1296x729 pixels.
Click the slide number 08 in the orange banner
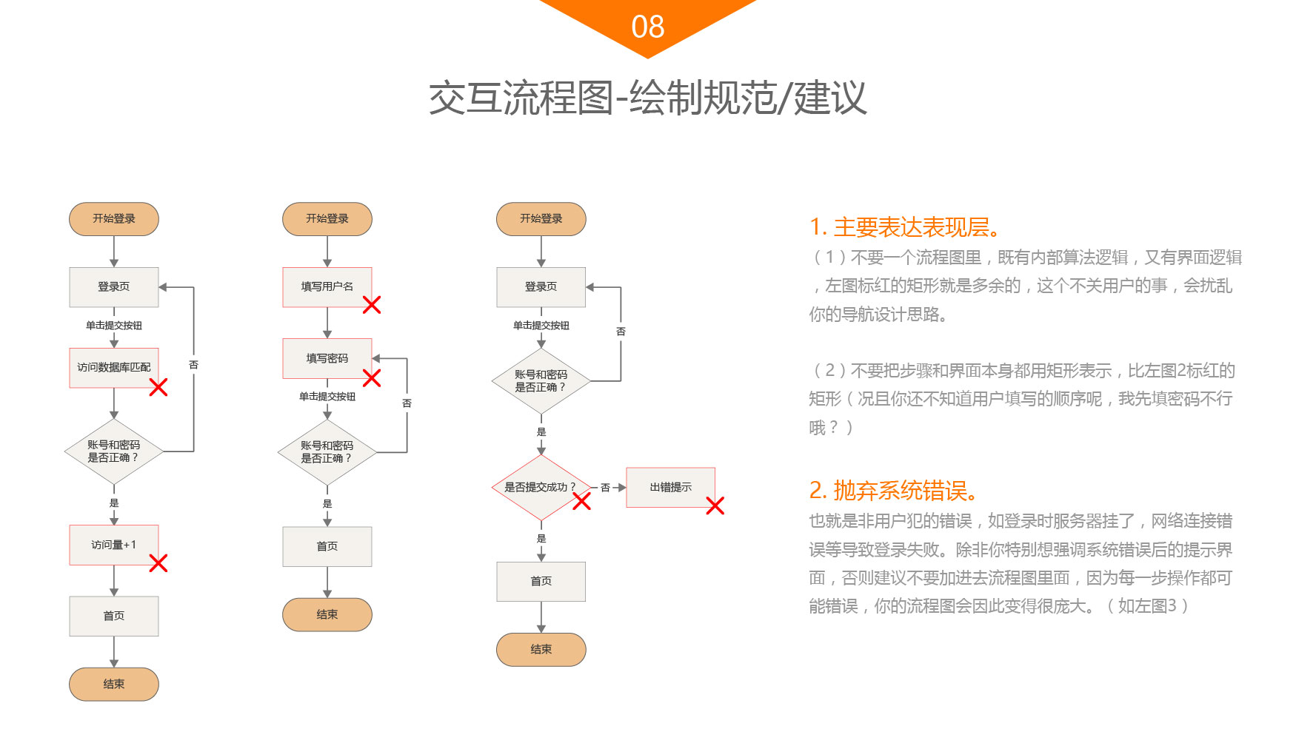(647, 27)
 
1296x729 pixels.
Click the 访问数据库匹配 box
(114, 367)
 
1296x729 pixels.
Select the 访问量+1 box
(114, 545)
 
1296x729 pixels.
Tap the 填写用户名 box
(327, 286)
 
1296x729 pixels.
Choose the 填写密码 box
(327, 358)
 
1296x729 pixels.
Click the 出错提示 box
(670, 487)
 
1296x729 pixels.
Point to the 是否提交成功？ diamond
(540, 487)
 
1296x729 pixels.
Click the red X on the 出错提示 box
(715, 505)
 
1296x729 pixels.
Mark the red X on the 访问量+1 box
(158, 563)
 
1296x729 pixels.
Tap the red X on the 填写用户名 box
(372, 305)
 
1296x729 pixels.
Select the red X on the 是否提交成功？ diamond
(582, 502)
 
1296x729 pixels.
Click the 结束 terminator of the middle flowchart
(327, 614)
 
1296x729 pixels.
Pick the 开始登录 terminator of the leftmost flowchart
(114, 218)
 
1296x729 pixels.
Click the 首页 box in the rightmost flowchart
(541, 581)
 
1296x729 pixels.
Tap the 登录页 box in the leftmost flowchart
(114, 286)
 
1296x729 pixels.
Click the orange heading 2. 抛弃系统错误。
(894, 490)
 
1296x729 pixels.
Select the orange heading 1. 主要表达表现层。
(905, 226)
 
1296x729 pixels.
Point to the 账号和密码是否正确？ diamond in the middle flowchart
(327, 451)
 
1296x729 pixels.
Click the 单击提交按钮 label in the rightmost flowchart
(541, 326)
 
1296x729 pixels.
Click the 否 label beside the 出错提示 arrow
(605, 488)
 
